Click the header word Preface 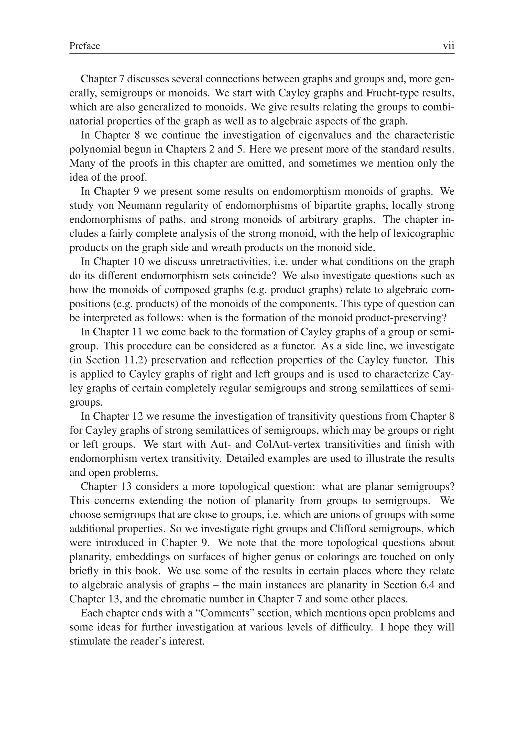tap(84, 46)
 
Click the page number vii tap(449, 46)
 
